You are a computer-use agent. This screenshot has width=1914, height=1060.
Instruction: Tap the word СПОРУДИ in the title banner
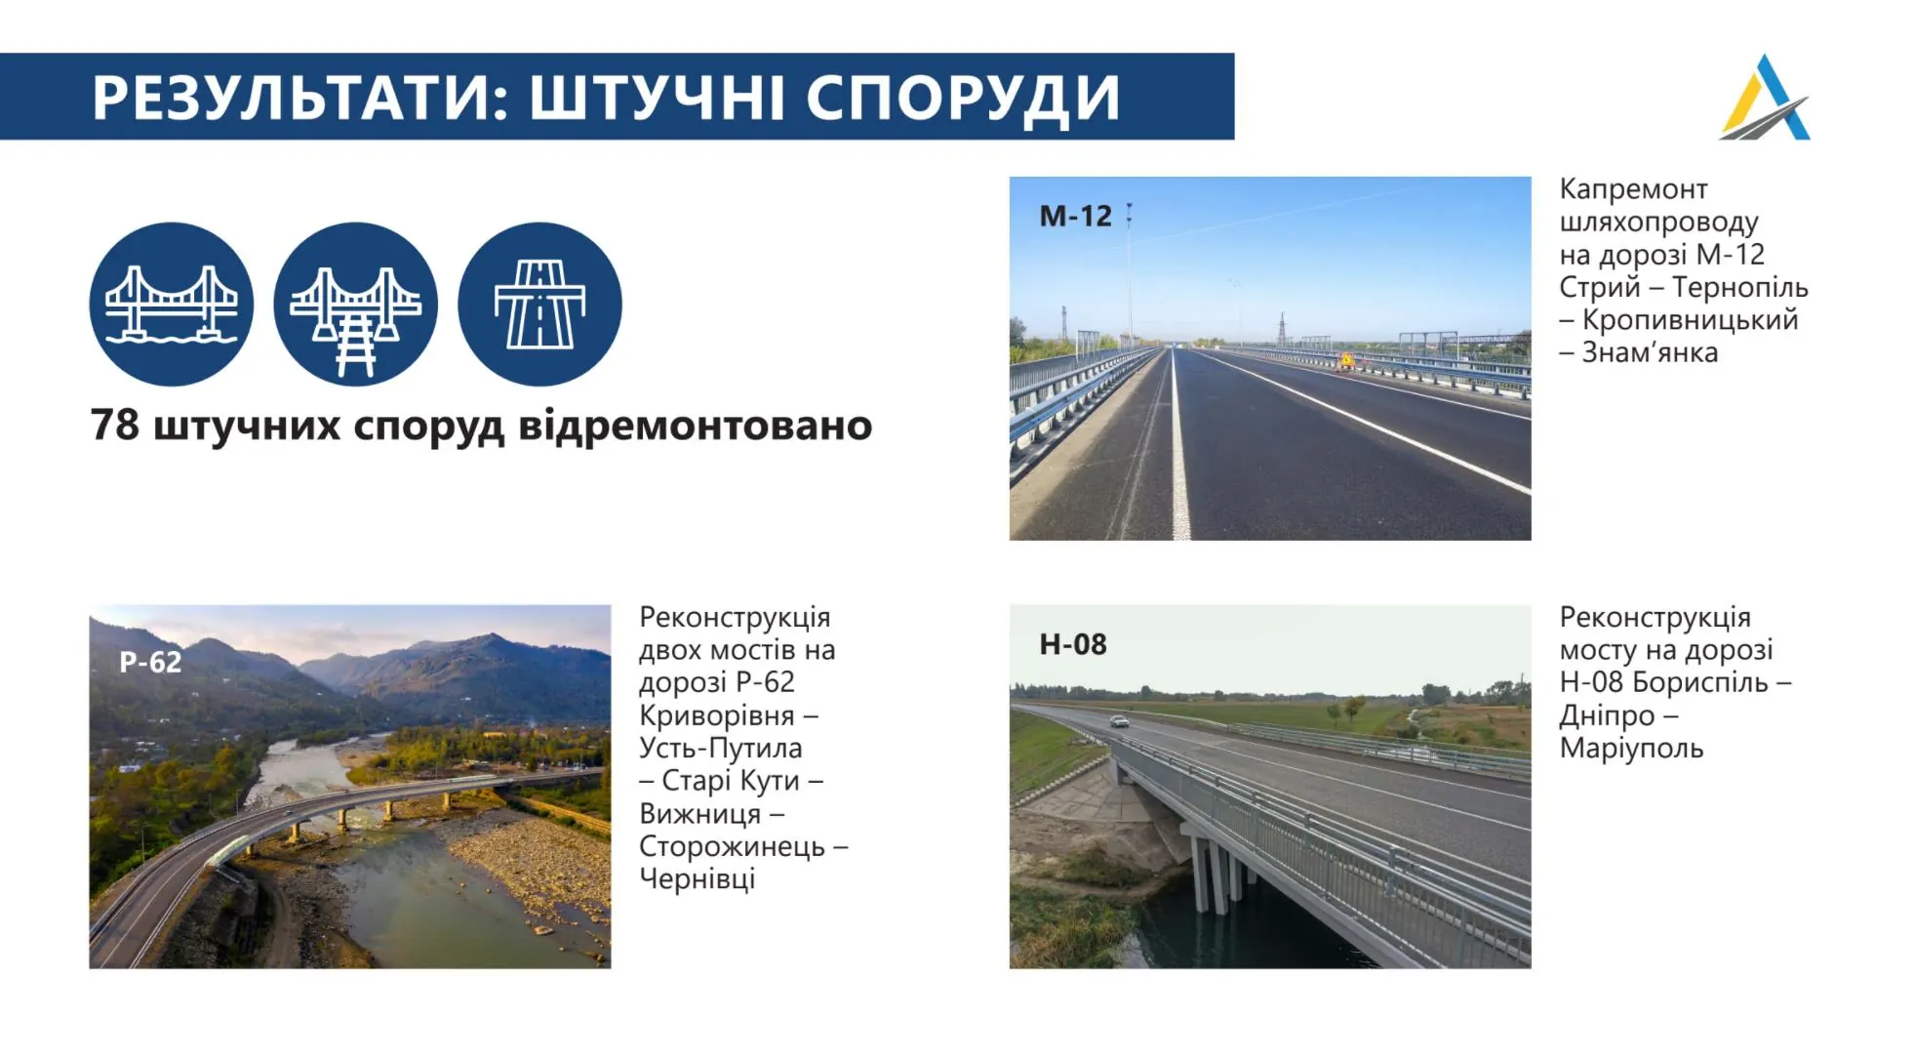pos(963,99)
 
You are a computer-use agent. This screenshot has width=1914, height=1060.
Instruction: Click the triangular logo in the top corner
pos(1765,97)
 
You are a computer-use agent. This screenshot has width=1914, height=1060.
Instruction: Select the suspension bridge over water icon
pos(172,304)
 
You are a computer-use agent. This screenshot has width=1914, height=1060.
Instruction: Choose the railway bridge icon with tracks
pos(356,304)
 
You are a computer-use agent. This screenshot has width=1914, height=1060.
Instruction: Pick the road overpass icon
pos(539,304)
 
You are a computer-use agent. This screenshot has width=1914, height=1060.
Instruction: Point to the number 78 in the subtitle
pos(114,425)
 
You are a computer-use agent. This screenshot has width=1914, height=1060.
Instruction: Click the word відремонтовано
pos(695,426)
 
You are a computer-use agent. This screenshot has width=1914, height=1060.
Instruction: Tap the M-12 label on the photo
pos(1075,216)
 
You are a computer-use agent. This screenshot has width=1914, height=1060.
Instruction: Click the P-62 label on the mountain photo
pos(150,662)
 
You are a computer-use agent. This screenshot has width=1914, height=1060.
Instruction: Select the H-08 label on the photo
pos(1073,644)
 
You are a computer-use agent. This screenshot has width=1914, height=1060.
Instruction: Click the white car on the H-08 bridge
pos(1120,721)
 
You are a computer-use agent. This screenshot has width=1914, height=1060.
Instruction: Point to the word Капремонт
pos(1633,188)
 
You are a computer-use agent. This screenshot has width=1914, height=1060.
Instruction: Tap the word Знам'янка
pos(1650,351)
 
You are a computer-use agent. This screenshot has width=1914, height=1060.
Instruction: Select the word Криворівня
pos(717,715)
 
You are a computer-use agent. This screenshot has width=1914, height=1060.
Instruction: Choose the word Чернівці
pos(698,878)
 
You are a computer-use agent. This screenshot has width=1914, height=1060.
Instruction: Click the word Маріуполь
pos(1631,749)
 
